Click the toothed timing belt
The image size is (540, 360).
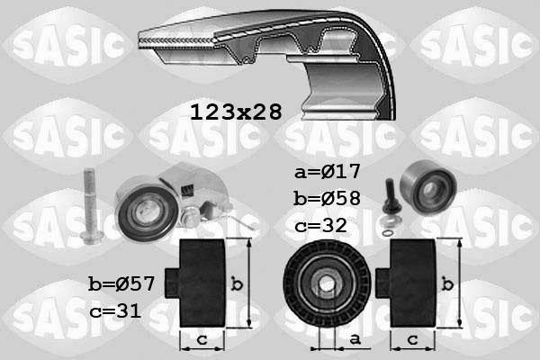[x=270, y=54]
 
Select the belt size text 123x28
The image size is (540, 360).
[x=236, y=112]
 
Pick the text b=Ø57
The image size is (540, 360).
[x=121, y=285]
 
